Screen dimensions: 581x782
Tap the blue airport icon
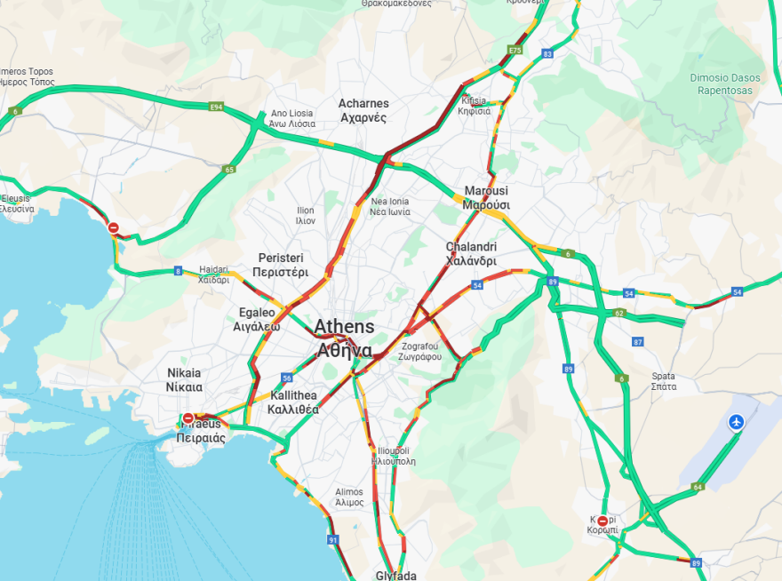[736, 422]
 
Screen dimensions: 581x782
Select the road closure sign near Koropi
[603, 521]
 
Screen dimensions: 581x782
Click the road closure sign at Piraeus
[188, 418]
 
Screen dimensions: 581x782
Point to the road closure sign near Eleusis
[114, 228]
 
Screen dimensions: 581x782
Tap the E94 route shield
[216, 107]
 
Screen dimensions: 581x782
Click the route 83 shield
[547, 54]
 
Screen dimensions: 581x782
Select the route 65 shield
[229, 169]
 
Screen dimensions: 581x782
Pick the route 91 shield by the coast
[333, 539]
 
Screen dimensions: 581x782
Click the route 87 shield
[637, 341]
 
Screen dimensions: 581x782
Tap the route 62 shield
[619, 314]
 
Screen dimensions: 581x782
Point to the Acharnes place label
[363, 110]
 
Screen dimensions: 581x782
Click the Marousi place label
[486, 197]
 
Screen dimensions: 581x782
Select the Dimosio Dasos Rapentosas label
[725, 84]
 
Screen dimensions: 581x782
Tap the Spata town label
[663, 380]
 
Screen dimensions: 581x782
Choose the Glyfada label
[396, 575]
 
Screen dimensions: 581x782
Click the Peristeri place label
[280, 265]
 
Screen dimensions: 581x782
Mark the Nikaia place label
[184, 379]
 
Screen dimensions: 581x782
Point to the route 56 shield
[286, 378]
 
